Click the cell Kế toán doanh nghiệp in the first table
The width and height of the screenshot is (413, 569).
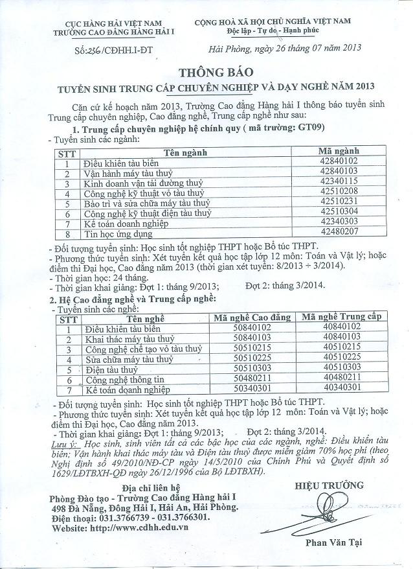126,222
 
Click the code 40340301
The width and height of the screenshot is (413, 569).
342,388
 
